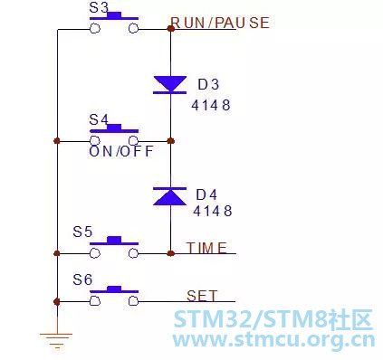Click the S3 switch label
tap(99, 8)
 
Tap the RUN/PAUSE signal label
tap(220, 23)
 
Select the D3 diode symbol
tap(170, 85)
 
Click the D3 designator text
tap(208, 84)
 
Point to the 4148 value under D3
tap(211, 105)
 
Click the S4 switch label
tap(99, 119)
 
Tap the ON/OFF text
tap(121, 151)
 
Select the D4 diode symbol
tap(170, 196)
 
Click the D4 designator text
tap(206, 194)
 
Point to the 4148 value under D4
tap(213, 211)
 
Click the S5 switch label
tap(82, 232)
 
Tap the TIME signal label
tap(206, 248)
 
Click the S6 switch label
tap(82, 279)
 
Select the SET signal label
tap(202, 296)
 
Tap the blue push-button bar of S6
tap(114, 289)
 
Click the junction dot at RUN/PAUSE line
tap(171, 29)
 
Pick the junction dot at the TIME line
tap(171, 253)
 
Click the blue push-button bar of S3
tap(114, 16)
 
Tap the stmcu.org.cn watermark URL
tap(273, 340)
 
